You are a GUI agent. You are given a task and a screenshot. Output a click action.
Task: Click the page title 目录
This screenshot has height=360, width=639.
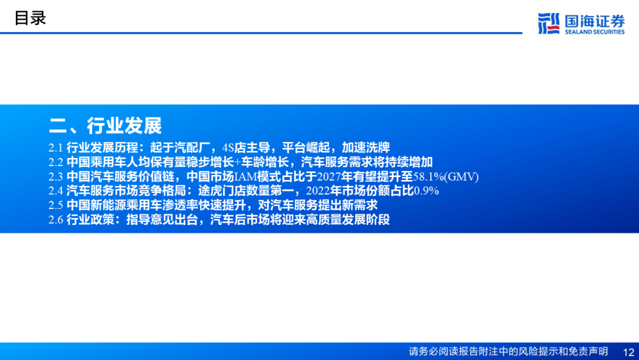pos(30,18)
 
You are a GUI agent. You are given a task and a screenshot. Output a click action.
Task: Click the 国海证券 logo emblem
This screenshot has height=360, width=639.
pos(548,24)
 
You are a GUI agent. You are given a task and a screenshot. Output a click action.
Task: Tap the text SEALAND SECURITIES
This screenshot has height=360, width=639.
pos(595,32)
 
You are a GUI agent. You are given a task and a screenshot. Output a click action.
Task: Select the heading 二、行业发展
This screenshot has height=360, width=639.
pos(105,126)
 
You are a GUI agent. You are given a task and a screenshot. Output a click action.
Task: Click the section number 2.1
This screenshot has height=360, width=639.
pos(56,147)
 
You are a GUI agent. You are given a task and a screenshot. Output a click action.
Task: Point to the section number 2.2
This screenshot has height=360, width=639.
pos(56,162)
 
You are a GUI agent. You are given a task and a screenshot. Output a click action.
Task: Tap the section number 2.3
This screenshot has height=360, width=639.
pos(56,176)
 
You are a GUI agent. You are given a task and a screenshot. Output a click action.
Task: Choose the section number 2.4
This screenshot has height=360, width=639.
pos(56,191)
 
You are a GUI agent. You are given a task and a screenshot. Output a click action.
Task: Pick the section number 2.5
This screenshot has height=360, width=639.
pos(56,205)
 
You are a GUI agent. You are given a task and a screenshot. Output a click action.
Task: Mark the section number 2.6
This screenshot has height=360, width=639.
pos(56,220)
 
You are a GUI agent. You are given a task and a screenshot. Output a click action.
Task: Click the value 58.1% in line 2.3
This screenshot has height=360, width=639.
pos(428,176)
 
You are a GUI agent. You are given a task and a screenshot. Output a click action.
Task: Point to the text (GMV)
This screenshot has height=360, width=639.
pos(461,176)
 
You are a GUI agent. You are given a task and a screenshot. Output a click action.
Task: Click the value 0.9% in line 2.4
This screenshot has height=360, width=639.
pos(426,191)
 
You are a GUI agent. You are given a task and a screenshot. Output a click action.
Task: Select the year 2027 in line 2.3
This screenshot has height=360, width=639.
pos(329,176)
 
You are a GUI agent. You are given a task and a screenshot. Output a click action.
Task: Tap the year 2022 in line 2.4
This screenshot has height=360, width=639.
pos(318,191)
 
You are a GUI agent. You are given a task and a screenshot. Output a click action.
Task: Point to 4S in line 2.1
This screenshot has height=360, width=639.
pos(228,147)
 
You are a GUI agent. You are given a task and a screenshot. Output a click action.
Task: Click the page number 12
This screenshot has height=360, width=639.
pos(629,352)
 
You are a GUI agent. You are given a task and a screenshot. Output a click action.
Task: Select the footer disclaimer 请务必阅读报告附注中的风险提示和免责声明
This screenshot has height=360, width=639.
pos(508,352)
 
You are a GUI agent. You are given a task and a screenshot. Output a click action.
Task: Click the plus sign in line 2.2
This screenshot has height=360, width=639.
pos(238,162)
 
